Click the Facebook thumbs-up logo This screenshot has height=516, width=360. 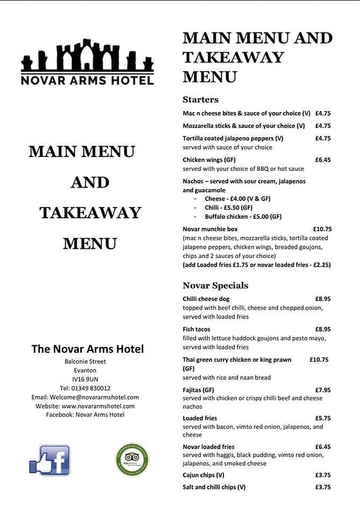49,460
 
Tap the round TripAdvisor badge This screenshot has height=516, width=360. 132,460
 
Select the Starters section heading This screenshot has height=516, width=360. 200,99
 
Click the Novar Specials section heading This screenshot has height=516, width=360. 215,285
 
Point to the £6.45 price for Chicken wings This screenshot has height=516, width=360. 323,160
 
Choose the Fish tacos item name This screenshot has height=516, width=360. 197,329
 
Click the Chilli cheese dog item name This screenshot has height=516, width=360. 206,299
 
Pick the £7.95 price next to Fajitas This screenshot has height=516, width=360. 323,390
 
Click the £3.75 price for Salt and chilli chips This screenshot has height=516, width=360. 323,487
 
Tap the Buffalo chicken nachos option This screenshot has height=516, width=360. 243,217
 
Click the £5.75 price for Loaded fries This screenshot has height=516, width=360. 323,418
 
